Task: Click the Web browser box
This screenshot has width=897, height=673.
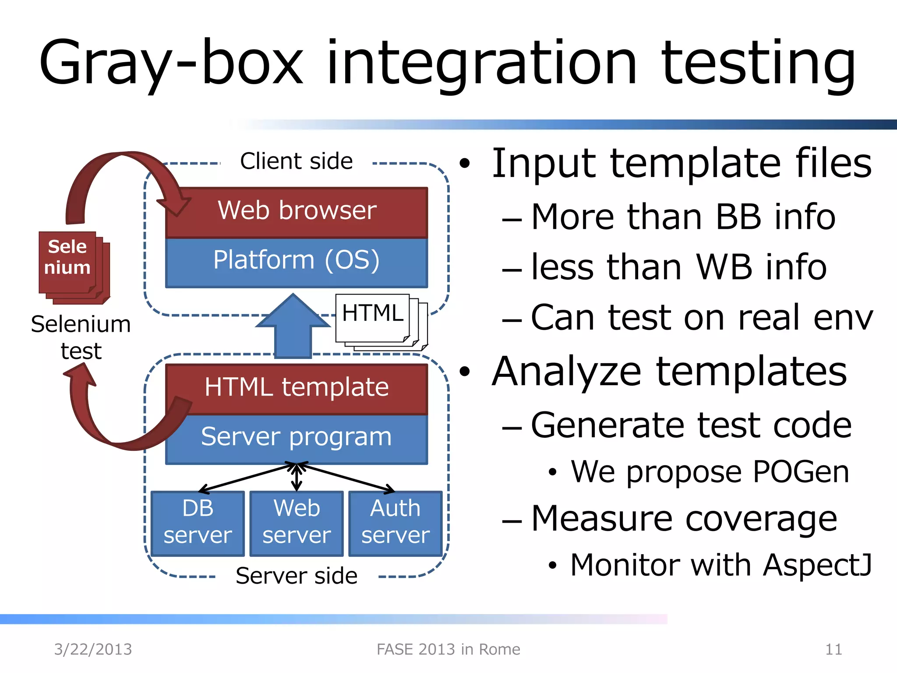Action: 297,212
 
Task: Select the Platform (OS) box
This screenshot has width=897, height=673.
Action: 297,262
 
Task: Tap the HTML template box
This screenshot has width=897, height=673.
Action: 297,388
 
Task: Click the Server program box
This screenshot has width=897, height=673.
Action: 297,438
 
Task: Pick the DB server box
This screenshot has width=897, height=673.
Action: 198,523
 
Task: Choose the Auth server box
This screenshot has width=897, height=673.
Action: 395,523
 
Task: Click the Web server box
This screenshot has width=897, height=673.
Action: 297,523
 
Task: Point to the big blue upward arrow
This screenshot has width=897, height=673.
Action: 293,326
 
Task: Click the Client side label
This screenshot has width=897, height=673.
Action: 297,161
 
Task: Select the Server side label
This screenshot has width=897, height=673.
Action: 297,576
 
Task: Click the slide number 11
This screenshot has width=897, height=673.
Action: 833,649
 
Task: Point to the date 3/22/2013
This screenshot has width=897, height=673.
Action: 93,649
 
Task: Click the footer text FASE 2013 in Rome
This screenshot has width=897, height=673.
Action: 448,649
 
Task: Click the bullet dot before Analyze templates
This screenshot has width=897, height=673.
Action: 465,372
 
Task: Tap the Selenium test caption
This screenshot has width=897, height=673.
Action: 81,337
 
